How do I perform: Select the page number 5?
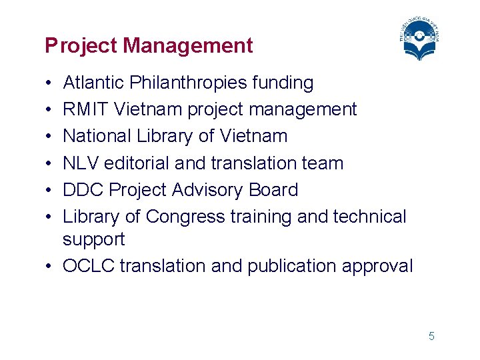point(431,336)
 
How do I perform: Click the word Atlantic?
point(93,83)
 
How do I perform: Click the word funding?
point(283,83)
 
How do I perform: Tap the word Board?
point(273,190)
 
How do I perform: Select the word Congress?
point(186,217)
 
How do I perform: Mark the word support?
point(93,239)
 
